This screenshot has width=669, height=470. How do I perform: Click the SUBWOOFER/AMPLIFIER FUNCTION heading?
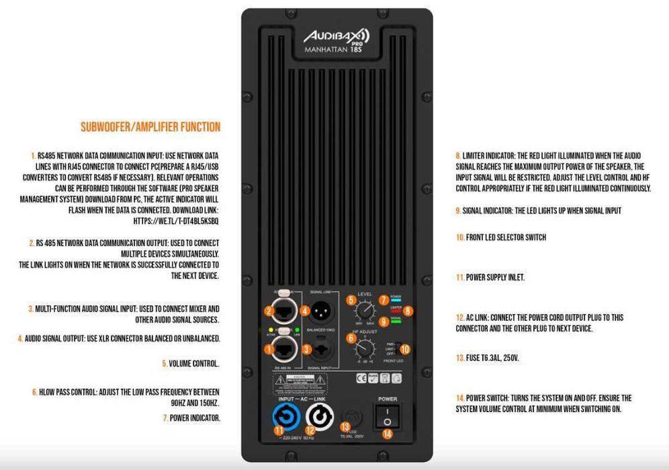[x=150, y=126]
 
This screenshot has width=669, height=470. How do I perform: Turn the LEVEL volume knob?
[x=364, y=311]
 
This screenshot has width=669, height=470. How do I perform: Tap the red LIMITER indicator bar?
[x=396, y=311]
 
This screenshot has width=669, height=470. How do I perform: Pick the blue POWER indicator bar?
[x=396, y=300]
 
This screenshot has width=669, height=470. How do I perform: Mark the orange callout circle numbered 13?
[x=345, y=426]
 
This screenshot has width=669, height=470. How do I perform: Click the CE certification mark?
[x=359, y=378]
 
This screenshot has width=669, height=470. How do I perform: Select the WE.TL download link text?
[x=176, y=220]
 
